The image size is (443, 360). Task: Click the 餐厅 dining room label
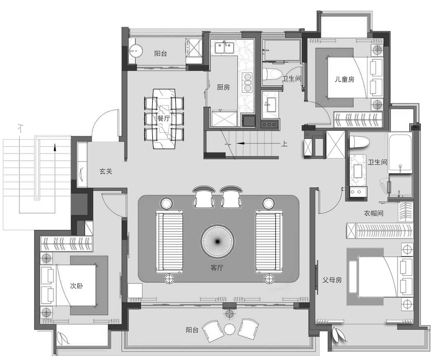click(164, 118)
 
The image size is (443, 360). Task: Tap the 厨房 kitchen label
click(223, 87)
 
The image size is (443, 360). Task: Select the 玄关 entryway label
click(106, 171)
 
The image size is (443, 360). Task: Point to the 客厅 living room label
click(217, 267)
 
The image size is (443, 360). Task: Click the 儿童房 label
click(345, 79)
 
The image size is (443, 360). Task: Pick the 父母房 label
click(332, 280)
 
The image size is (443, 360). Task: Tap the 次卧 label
click(76, 286)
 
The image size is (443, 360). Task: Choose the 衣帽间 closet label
click(374, 213)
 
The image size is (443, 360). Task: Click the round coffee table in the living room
click(218, 241)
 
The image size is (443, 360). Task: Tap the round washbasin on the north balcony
click(136, 51)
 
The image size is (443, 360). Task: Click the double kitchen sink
click(224, 48)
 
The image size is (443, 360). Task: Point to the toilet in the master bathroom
click(359, 142)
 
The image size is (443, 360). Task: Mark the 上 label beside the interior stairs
click(284, 144)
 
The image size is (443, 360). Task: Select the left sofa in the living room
click(170, 242)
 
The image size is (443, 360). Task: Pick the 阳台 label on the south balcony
click(192, 330)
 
